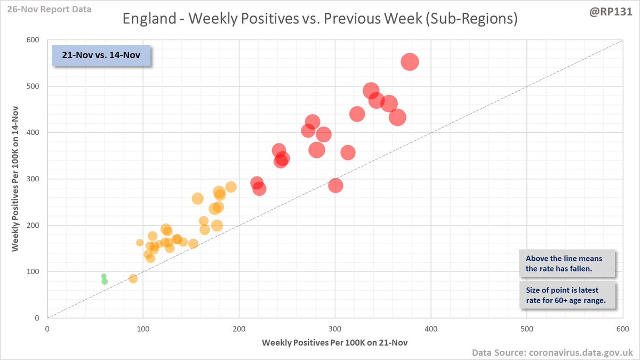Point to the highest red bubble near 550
[x=410, y=62]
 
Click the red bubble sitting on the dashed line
[x=335, y=186]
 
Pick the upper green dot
[x=104, y=276]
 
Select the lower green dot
[x=105, y=282]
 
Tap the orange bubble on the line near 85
[x=133, y=278]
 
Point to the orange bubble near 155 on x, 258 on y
[x=197, y=198]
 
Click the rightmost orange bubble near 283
[x=231, y=187]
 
